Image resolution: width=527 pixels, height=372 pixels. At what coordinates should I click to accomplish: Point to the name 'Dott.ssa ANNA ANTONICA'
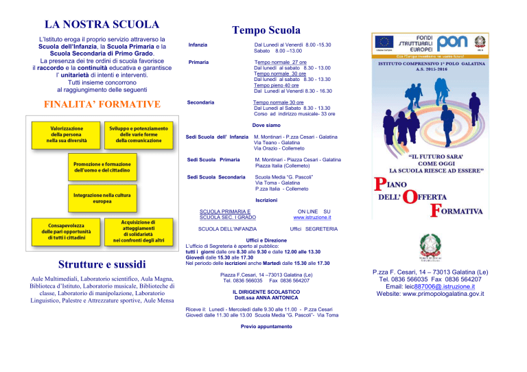(x=266, y=298)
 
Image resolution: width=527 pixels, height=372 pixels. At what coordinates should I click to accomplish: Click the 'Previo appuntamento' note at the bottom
(x=266, y=326)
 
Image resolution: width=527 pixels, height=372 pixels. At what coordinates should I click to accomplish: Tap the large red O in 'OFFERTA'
(x=410, y=196)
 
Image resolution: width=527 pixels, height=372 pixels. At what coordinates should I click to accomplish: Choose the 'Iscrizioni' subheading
(x=266, y=200)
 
